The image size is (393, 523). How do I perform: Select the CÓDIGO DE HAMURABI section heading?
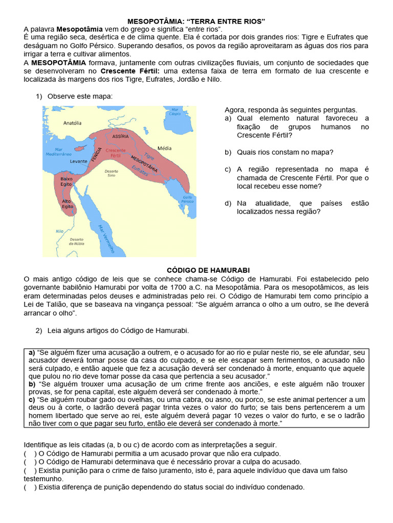click(x=196, y=270)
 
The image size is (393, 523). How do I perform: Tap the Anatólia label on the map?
click(x=72, y=123)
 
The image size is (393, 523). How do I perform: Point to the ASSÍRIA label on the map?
click(x=120, y=137)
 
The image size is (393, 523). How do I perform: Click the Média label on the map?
click(x=164, y=148)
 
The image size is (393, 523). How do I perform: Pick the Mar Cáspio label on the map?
click(x=175, y=111)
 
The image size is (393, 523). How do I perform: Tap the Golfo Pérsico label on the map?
click(x=187, y=199)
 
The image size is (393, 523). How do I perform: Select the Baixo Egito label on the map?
click(x=67, y=182)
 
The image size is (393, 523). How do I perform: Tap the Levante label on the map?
click(x=78, y=161)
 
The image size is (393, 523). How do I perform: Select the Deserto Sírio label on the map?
click(x=111, y=173)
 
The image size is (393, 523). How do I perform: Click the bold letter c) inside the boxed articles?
click(x=32, y=399)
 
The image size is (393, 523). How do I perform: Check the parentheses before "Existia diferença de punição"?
click(x=29, y=487)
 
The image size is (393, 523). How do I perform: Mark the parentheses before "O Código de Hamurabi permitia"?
click(x=29, y=454)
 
